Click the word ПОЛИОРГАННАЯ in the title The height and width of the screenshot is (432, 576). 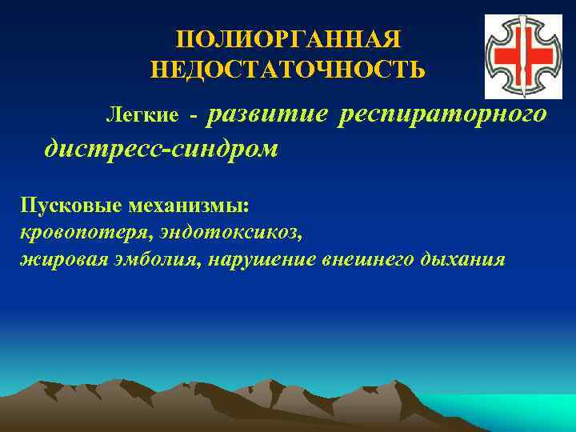[287, 40]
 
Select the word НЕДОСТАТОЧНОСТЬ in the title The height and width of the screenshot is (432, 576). [287, 70]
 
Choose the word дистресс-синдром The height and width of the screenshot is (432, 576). [162, 149]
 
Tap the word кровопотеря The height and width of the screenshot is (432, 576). [71, 232]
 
